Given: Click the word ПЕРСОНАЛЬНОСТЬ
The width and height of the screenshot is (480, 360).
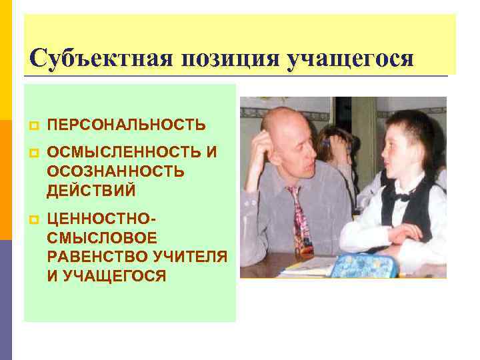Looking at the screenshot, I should (x=127, y=125).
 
